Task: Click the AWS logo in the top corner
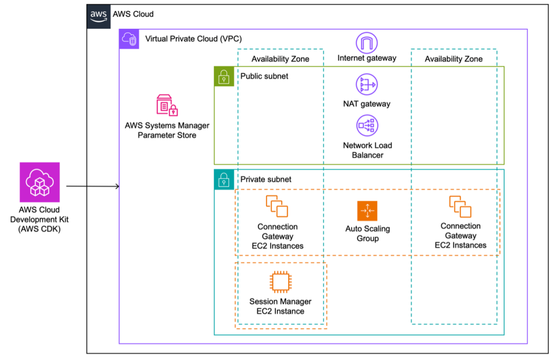click(x=98, y=15)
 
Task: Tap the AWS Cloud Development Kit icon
click(x=40, y=182)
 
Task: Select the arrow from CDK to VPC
click(x=92, y=187)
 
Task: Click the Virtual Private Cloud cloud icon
click(x=129, y=39)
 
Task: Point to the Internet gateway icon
click(x=367, y=42)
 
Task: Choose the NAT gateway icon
click(x=367, y=85)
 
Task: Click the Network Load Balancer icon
click(x=367, y=125)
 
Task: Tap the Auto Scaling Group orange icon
click(x=367, y=211)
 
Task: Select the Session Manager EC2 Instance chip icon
click(x=280, y=282)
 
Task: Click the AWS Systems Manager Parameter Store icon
click(x=167, y=104)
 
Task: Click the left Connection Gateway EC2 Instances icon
click(x=277, y=206)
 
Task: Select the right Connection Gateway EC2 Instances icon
click(x=460, y=206)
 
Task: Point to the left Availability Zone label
click(x=280, y=59)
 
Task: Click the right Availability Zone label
click(x=453, y=59)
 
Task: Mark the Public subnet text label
click(x=264, y=76)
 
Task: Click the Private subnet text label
click(x=266, y=179)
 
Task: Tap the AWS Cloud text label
click(x=133, y=14)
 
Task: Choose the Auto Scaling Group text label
click(x=368, y=233)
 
